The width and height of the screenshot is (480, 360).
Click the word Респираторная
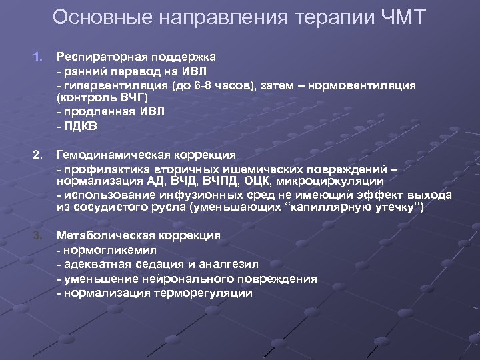(x=104, y=56)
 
